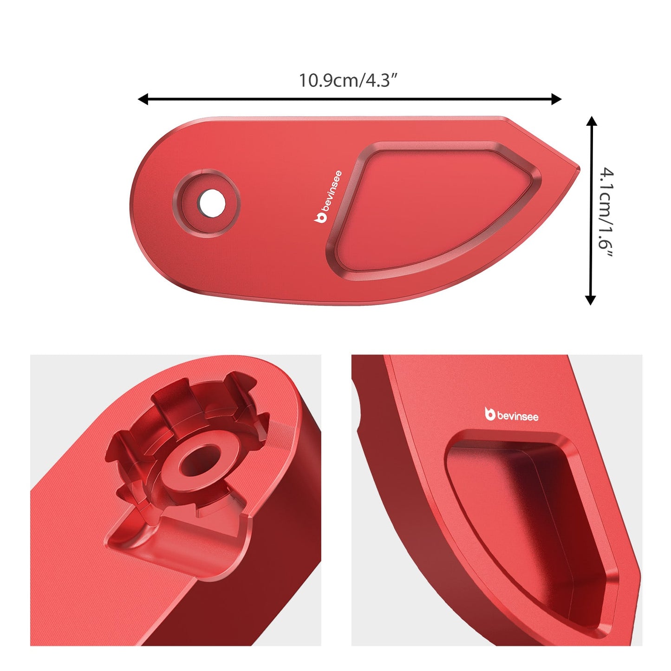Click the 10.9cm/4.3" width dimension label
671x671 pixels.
click(x=348, y=80)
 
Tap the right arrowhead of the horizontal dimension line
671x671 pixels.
click(x=557, y=99)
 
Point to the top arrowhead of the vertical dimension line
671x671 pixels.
click(x=591, y=121)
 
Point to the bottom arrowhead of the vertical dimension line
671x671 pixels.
click(x=590, y=300)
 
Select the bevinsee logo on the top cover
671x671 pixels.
click(x=328, y=197)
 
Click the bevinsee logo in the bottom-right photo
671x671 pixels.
click(x=511, y=415)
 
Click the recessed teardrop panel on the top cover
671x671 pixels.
click(x=432, y=209)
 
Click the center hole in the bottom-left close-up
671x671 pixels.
click(x=201, y=461)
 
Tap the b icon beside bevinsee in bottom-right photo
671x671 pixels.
click(x=489, y=414)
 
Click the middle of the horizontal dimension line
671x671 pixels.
click(x=350, y=99)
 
